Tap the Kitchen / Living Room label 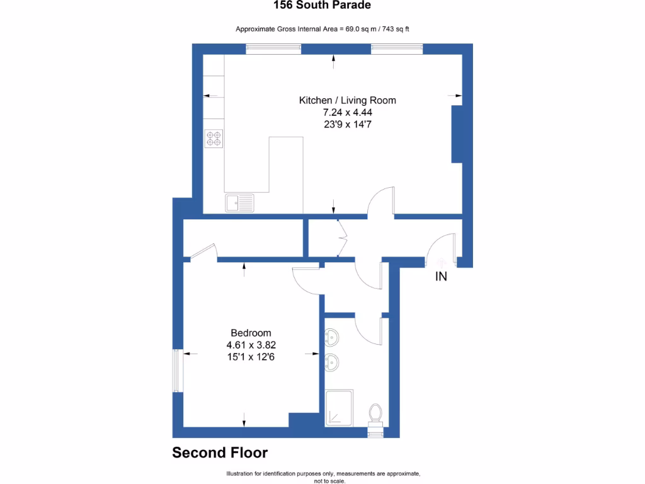[347, 100]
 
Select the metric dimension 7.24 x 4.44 [347, 112]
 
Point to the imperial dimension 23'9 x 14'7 [347, 124]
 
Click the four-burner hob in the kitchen [214, 138]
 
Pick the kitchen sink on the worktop [240, 202]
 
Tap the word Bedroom [251, 333]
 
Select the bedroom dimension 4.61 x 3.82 [251, 345]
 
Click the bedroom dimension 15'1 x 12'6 [251, 357]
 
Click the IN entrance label [441, 276]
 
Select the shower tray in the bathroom [340, 408]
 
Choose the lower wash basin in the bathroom [332, 362]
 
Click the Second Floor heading [220, 452]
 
